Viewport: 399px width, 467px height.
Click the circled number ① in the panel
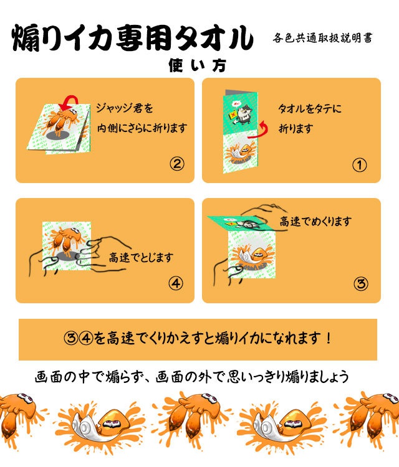pos(360,165)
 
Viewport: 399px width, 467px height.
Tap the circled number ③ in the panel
pos(360,284)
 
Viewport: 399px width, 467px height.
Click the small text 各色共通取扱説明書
pos(323,38)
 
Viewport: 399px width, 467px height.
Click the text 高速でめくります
pos(315,221)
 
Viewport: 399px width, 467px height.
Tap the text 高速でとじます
pos(140,256)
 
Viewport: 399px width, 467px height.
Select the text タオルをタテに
pos(310,108)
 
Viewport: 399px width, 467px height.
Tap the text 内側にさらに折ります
pos(142,128)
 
